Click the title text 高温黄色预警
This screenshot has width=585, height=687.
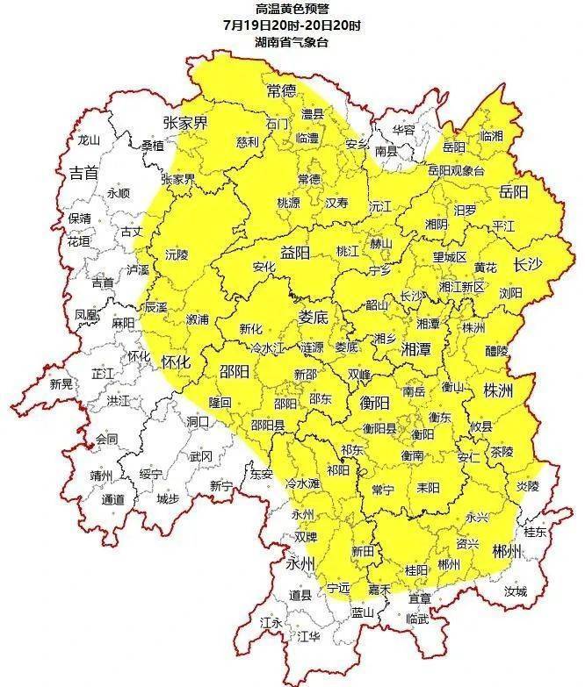click(292, 8)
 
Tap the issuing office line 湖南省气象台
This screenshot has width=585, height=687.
click(292, 41)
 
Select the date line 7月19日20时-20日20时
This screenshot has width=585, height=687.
click(292, 25)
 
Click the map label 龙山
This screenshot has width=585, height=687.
click(89, 140)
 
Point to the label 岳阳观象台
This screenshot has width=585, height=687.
click(456, 171)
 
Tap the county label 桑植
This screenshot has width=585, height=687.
click(153, 146)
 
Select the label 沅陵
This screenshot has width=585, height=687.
click(177, 255)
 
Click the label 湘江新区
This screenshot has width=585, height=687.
click(461, 286)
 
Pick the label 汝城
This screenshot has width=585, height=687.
click(515, 592)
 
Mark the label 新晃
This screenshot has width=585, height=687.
click(61, 384)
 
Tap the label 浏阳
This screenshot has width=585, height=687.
click(510, 292)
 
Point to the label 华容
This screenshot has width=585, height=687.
click(403, 129)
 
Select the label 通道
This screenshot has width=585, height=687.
click(112, 499)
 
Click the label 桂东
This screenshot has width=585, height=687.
click(535, 532)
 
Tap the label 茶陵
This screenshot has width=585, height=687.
click(502, 452)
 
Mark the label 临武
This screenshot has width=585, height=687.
click(418, 619)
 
